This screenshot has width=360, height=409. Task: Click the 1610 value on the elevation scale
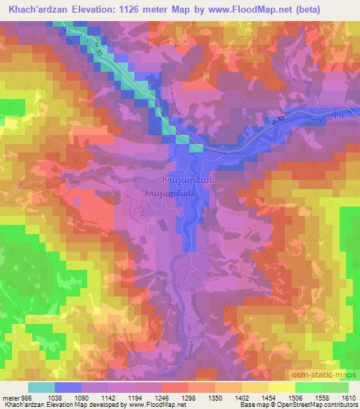[x=349, y=397]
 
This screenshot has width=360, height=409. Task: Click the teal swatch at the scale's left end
[x=41, y=387]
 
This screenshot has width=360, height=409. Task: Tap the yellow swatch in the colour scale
[x=281, y=387]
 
